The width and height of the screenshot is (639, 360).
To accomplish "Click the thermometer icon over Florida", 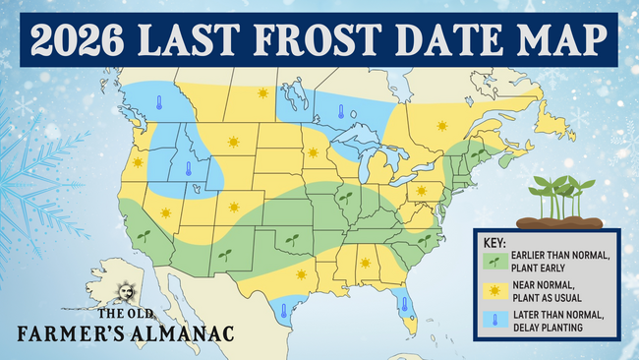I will pos(404,303).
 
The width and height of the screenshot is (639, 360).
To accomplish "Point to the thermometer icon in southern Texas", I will pos(283,311).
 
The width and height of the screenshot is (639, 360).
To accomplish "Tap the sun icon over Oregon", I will pos(138,162).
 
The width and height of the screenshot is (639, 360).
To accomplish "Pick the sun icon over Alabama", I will pos(365,263).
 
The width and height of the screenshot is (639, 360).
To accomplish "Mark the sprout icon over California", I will pos(145,236).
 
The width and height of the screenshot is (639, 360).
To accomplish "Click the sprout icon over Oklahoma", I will pos(290,238).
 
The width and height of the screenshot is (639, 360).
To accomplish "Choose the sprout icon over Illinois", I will pos(345,197).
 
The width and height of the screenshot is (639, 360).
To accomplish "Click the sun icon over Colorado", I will pos(234,207).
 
